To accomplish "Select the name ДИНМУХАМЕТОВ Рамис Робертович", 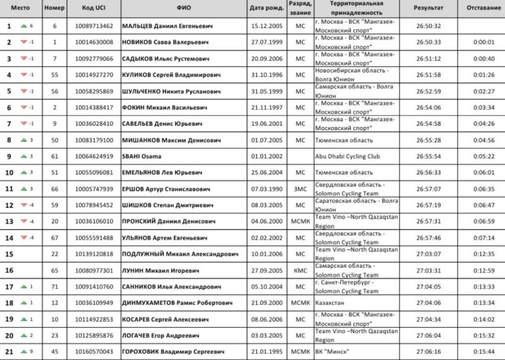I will (x=181, y=303).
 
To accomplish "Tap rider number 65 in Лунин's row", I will (x=55, y=270).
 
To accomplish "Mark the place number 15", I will (x=9, y=254).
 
